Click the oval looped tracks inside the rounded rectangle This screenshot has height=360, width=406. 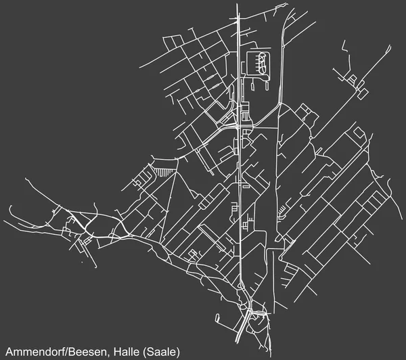point(258,63)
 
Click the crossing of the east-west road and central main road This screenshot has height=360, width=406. point(239,127)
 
